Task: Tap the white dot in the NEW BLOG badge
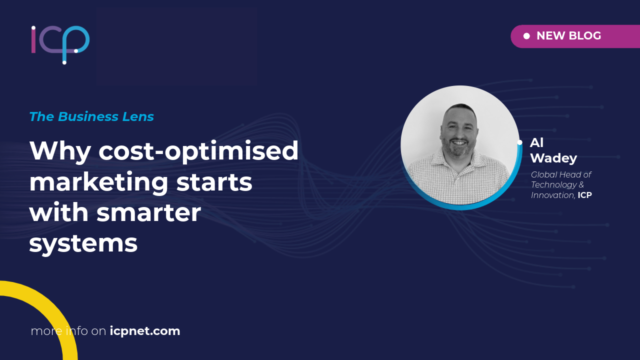pos(526,36)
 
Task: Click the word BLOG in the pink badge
pos(585,35)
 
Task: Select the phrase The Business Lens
pos(91,116)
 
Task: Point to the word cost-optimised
pos(198,151)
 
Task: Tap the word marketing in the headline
pos(98,183)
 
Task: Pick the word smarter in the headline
pos(149,213)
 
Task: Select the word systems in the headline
pos(83,244)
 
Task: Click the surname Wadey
pos(553,158)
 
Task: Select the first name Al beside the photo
pos(536,143)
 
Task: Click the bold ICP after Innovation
pos(585,195)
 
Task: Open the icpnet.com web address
pos(145,331)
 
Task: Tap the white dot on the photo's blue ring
pos(519,142)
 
